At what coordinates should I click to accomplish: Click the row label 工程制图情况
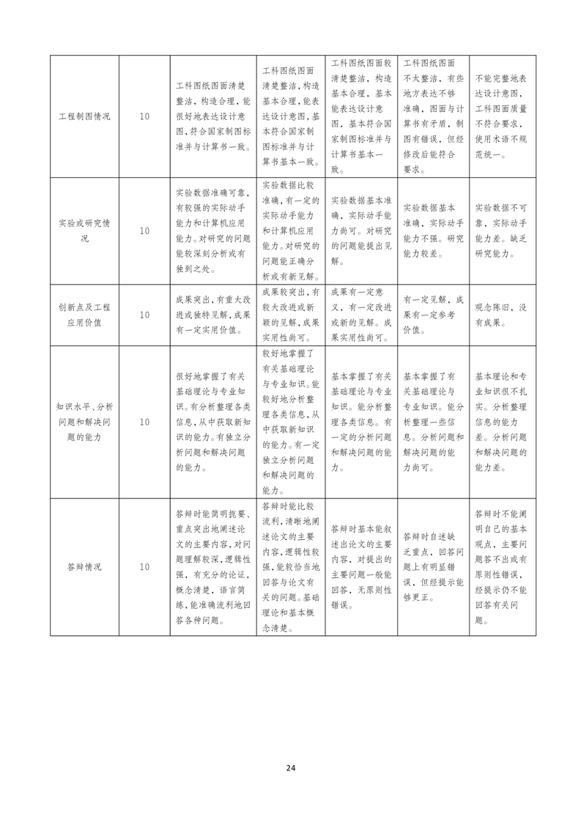point(84,116)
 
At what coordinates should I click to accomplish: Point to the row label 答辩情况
point(84,566)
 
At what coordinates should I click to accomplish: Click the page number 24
point(291,768)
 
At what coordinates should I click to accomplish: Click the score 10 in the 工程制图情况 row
point(144,116)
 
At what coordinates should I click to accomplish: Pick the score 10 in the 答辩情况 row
point(144,566)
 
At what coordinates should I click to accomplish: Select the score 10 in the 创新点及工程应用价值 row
point(144,315)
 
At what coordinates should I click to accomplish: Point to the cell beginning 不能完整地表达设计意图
point(501,116)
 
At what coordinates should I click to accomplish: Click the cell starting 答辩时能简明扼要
point(213,566)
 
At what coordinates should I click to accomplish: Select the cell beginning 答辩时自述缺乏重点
point(433,566)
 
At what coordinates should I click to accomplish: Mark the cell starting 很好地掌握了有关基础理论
point(213,422)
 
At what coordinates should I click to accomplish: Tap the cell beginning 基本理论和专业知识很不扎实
point(501,422)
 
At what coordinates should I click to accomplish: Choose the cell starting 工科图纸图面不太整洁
point(433,116)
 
